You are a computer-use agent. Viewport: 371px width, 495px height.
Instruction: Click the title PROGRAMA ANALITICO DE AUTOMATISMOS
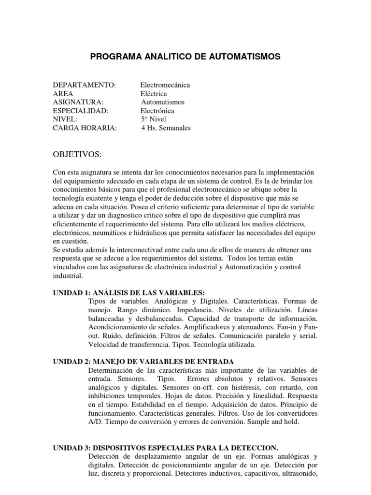185,57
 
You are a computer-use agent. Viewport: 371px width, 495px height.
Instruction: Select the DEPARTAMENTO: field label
85,85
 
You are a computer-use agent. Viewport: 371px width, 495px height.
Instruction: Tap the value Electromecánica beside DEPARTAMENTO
165,85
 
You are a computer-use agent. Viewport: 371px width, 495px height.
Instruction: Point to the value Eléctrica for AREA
154,94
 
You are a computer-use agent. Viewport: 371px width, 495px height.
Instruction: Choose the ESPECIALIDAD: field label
81,111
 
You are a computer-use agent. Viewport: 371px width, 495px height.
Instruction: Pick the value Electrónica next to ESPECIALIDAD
157,111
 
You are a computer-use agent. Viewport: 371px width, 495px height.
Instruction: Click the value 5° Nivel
154,119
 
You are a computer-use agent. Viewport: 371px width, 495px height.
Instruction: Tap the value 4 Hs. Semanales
166,128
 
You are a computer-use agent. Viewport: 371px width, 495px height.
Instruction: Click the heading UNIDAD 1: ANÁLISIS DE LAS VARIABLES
129,293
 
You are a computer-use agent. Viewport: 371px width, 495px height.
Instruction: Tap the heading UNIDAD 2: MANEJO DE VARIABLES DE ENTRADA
143,362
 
